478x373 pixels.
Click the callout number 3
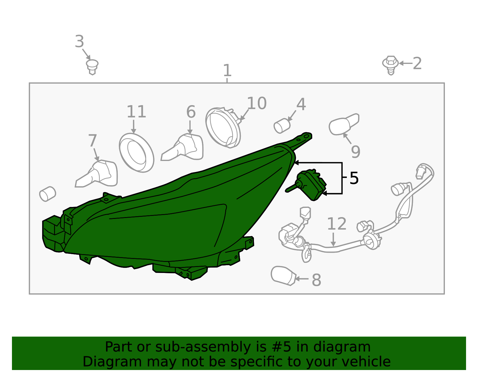[x=79, y=41]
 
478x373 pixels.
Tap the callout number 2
[x=417, y=63]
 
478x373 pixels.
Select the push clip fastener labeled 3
[x=92, y=67]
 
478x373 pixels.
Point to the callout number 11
[x=137, y=112]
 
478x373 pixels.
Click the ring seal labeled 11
[x=137, y=153]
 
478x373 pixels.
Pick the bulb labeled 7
[x=96, y=174]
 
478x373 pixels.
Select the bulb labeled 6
[x=182, y=147]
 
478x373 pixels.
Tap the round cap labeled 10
[x=223, y=128]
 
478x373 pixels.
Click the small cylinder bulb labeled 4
[x=282, y=126]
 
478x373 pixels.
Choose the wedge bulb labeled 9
[x=344, y=124]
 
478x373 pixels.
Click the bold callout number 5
[x=354, y=178]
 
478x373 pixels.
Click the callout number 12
[x=337, y=224]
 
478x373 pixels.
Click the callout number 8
[x=317, y=280]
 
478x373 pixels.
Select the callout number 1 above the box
[x=227, y=70]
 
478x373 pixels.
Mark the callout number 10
[x=257, y=103]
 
